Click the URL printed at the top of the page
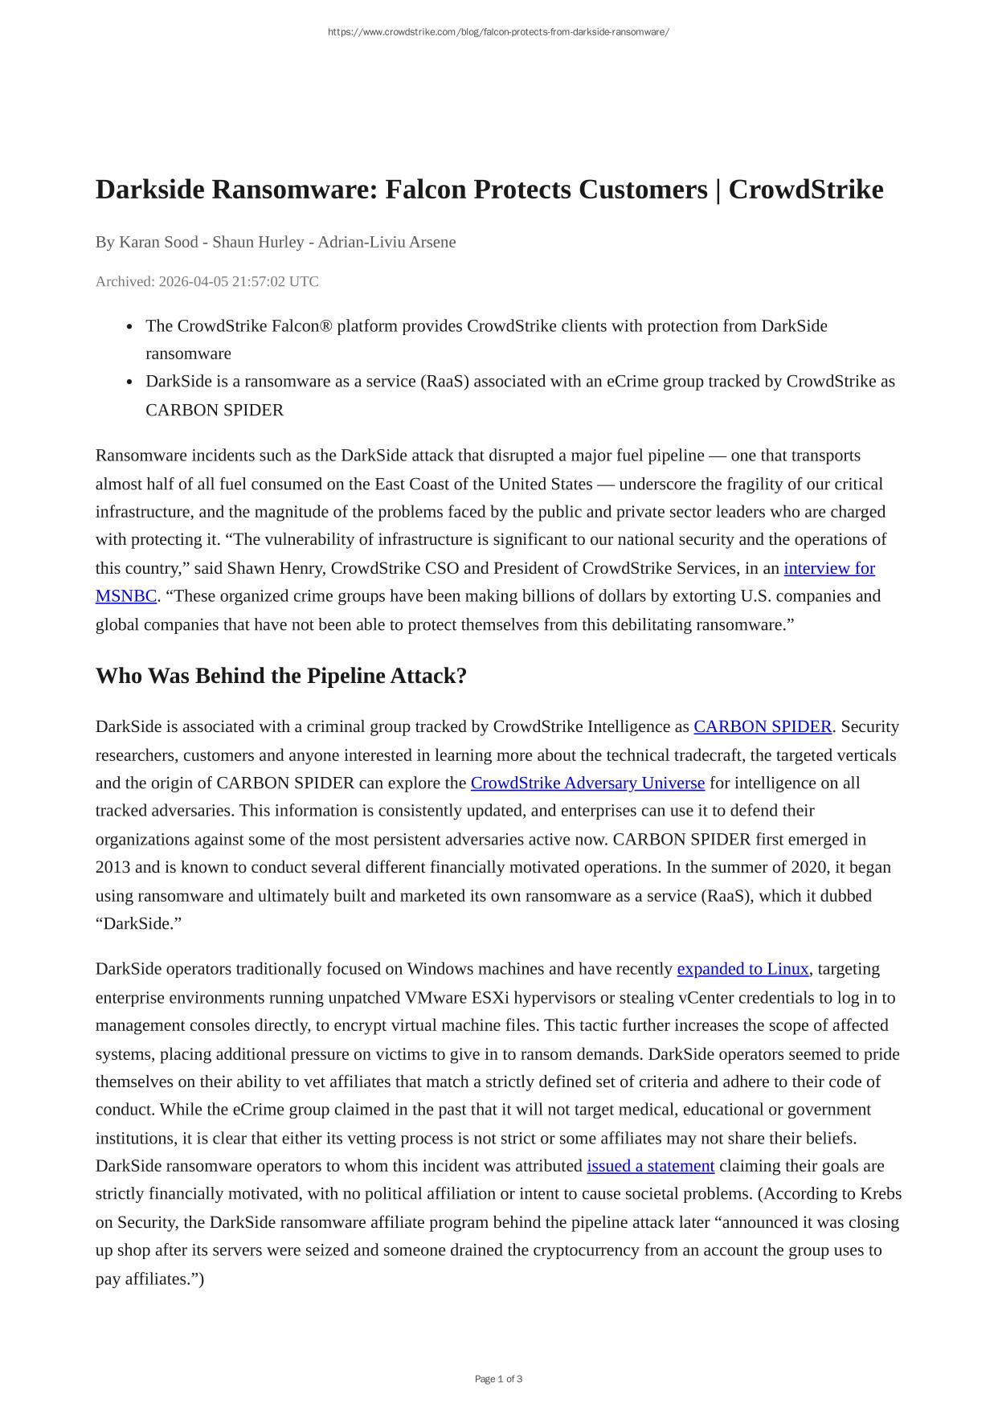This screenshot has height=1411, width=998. [x=498, y=32]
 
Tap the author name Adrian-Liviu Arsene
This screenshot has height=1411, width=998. [x=387, y=242]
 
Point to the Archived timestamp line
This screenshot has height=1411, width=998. [x=207, y=281]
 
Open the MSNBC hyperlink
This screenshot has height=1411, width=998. [x=125, y=596]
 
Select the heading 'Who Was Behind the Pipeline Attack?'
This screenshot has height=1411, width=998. [x=280, y=676]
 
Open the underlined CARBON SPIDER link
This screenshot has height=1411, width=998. [x=762, y=726]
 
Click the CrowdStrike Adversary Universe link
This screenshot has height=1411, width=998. [x=587, y=783]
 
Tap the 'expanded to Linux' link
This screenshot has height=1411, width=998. [x=742, y=968]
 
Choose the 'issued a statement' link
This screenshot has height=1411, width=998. [x=650, y=1166]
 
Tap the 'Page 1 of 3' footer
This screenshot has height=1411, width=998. [x=498, y=1379]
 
